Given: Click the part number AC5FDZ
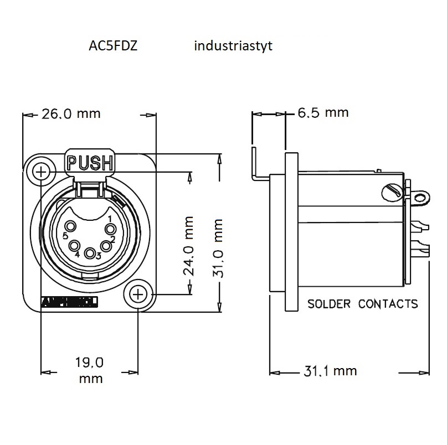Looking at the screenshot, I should [x=113, y=46].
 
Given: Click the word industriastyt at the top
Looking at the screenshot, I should [x=233, y=46].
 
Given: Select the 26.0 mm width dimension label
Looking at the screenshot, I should [x=71, y=114].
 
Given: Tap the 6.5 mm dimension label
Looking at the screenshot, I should [x=323, y=113].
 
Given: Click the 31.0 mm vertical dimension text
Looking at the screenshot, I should [x=219, y=247].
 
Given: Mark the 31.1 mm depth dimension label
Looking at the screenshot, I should [x=331, y=371].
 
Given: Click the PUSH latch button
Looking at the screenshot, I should [x=90, y=163].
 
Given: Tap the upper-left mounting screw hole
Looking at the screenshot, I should [x=40, y=172].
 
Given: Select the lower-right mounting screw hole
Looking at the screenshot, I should [x=138, y=295].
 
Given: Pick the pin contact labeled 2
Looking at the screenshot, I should [x=105, y=245].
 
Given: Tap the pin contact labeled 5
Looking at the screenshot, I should [x=71, y=226].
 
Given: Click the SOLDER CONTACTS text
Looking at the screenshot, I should [x=362, y=304].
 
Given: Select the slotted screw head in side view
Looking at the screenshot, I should [x=391, y=192].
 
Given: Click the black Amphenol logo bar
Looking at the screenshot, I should [x=70, y=302].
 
